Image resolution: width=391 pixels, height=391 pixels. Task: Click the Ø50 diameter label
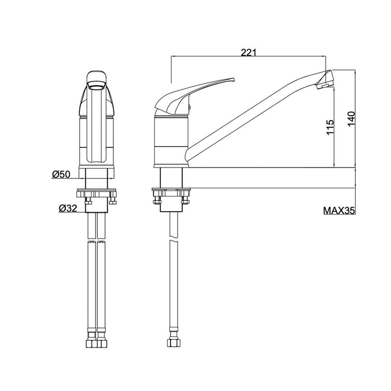(61, 175)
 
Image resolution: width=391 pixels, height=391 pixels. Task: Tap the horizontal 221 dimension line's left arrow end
(171, 56)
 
